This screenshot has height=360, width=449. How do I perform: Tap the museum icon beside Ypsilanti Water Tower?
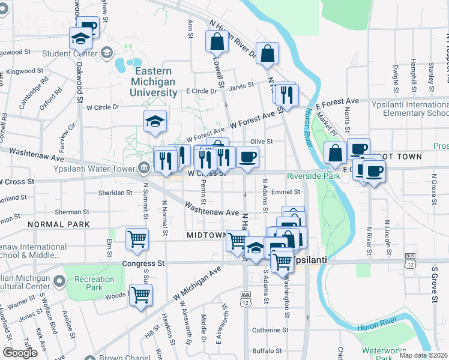coord(144,167)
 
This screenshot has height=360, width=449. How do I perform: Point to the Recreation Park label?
coord(95,283)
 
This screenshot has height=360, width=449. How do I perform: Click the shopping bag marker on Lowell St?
coord(217,41)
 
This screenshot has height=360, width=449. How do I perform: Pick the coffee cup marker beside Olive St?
coord(247,157)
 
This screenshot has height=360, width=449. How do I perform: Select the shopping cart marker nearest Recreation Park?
coord(140,295)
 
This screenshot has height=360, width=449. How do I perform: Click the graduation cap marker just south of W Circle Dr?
coord(155,121)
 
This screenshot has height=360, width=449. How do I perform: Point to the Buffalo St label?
coord(267,350)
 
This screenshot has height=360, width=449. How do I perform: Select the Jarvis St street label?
coord(242,85)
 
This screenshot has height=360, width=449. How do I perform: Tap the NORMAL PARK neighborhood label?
coord(58,224)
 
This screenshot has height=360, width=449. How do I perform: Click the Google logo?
coord(20,353)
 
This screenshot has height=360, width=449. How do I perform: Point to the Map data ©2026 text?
coord(423,355)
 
